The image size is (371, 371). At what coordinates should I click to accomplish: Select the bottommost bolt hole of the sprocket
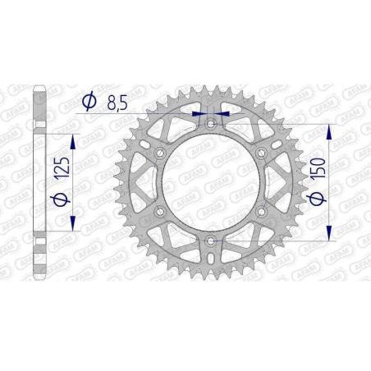tap(210, 241)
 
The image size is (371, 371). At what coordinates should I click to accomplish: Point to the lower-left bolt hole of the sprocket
tap(160, 213)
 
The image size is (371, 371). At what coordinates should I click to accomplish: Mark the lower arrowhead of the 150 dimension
tap(330, 236)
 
